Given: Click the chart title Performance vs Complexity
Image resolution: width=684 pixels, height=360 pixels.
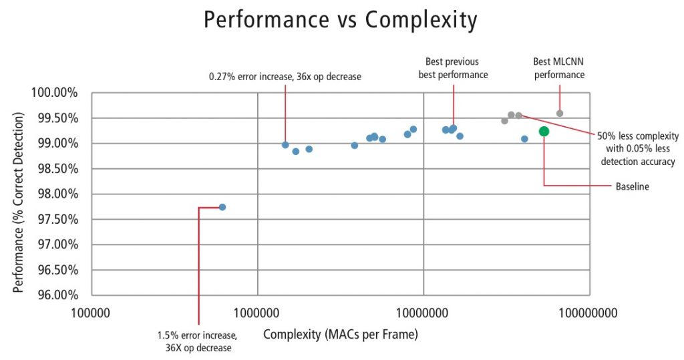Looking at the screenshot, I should click(x=341, y=20).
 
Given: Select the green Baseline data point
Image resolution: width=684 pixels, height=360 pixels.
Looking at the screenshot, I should click(x=544, y=132).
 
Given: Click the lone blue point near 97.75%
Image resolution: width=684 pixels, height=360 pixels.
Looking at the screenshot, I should click(x=222, y=207).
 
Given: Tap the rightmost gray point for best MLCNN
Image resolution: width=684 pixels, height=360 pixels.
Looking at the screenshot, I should click(x=560, y=114).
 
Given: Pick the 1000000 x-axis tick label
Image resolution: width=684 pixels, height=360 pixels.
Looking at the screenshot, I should click(x=257, y=311).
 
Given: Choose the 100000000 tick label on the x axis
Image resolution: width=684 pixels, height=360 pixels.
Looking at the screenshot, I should click(x=588, y=311).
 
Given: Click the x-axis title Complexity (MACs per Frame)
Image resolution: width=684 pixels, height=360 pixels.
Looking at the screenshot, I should click(x=340, y=334).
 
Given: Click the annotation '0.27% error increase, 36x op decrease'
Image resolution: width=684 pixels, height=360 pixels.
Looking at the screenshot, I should click(x=285, y=77).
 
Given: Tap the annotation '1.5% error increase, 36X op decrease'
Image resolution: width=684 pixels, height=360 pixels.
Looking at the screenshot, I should click(x=196, y=341).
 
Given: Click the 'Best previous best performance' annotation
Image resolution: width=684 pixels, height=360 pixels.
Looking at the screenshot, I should click(x=453, y=68).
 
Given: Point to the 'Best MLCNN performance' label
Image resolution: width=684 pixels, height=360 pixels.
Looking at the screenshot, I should click(x=558, y=68).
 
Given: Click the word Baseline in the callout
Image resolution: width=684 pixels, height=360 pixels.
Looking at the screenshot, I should click(x=632, y=187).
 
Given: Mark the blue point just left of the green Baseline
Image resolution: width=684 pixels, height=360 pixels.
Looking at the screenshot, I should click(x=524, y=139).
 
